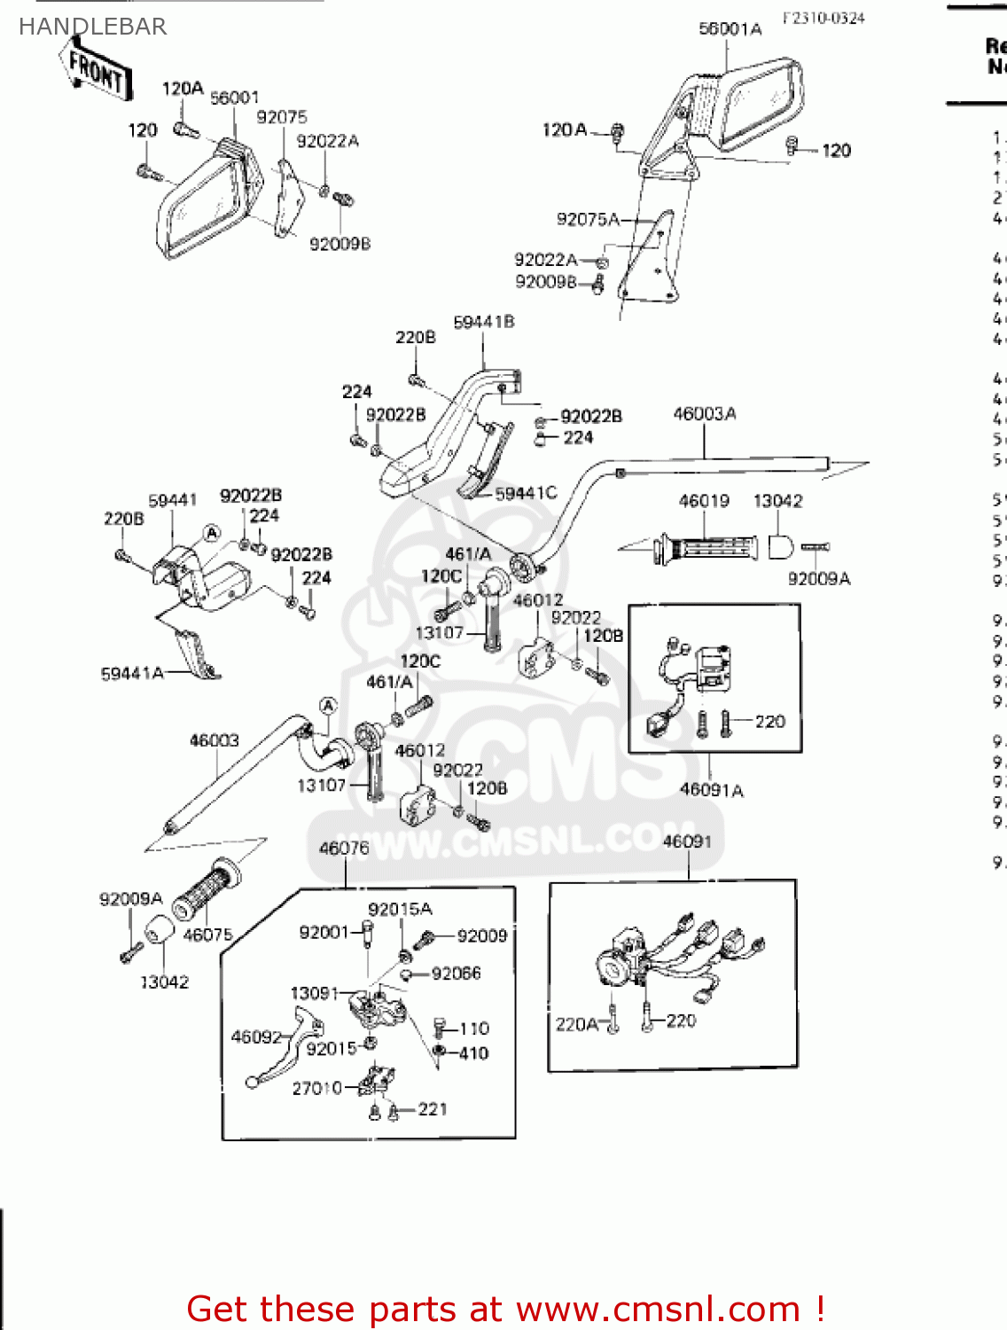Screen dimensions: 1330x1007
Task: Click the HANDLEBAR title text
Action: click(92, 27)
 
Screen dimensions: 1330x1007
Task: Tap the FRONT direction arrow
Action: click(97, 71)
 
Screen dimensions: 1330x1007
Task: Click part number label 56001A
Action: click(730, 29)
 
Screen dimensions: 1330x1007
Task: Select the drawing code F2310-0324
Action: click(823, 18)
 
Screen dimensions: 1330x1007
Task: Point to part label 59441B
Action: click(483, 322)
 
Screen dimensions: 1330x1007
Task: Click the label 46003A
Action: click(704, 413)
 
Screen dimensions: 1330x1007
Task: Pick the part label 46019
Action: click(704, 501)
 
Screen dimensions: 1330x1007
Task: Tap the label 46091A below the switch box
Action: click(711, 790)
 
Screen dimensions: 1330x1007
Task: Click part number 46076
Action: click(344, 849)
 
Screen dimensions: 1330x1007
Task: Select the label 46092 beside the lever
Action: click(256, 1037)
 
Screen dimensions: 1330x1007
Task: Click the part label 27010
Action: click(316, 1088)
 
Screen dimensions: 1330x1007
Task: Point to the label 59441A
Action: click(132, 674)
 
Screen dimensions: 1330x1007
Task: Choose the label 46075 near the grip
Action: click(207, 935)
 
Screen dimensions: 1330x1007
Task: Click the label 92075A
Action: click(588, 219)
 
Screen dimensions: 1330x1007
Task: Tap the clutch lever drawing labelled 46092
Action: click(284, 1055)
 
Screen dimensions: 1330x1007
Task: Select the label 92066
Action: click(456, 974)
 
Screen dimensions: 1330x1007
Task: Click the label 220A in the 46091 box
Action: click(576, 1024)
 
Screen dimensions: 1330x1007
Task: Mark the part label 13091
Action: click(315, 993)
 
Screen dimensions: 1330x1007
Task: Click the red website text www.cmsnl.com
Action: click(658, 1309)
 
